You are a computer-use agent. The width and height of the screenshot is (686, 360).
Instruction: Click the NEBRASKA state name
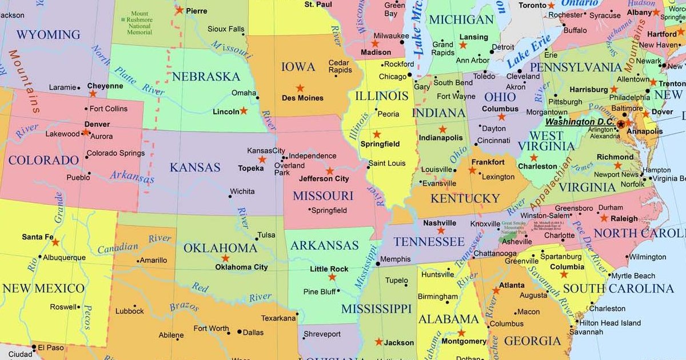point(206,76)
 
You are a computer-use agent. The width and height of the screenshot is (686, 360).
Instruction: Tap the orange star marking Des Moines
point(300,88)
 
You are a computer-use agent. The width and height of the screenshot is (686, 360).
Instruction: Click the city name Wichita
point(242,191)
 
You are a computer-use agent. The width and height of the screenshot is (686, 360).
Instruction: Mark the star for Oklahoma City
point(225,258)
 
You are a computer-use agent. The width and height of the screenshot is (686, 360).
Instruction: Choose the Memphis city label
point(395,259)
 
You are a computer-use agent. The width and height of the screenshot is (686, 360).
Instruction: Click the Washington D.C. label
point(579,122)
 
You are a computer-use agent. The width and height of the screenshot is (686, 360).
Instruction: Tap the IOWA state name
point(298,67)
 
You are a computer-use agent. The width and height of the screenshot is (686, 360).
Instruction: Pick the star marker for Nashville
point(441,230)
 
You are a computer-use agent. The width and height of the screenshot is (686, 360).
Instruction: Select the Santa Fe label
point(38,237)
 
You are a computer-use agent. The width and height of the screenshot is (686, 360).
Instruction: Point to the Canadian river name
point(118,247)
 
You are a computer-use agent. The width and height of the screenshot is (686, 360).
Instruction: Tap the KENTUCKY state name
point(465,198)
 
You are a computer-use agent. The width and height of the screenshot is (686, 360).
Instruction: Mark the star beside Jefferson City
point(330,170)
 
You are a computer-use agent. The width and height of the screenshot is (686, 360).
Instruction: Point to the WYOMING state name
point(48,34)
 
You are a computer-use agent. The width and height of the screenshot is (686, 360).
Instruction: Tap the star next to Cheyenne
point(93,93)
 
